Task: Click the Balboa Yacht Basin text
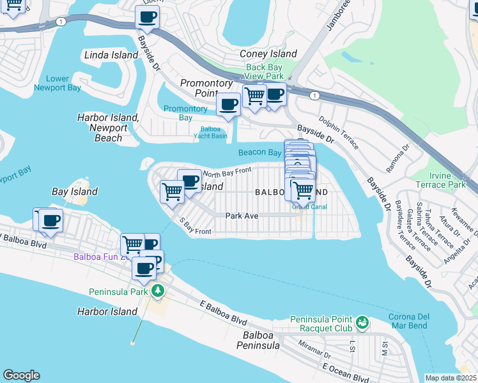(x=210, y=131)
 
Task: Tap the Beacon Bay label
(x=260, y=153)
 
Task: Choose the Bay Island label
(x=75, y=191)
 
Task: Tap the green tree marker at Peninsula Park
(x=157, y=292)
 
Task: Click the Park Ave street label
(x=242, y=216)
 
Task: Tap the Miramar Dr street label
(x=314, y=349)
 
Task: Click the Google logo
(x=21, y=375)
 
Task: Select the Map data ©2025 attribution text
(x=451, y=378)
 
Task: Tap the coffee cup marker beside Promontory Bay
(x=228, y=104)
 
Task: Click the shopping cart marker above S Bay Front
(x=172, y=191)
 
